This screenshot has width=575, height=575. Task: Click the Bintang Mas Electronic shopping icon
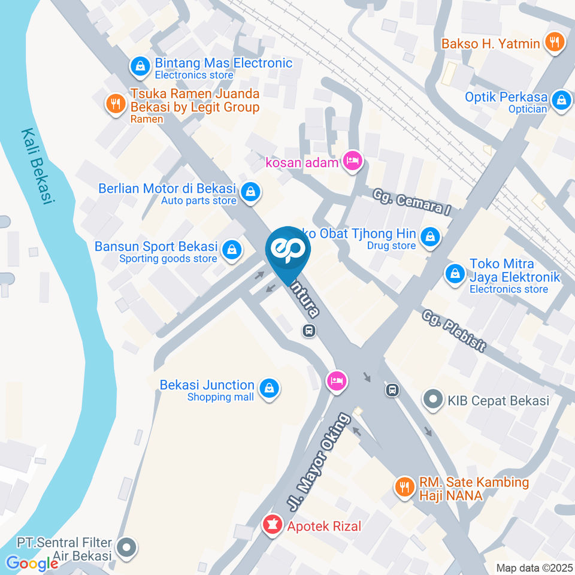[x=140, y=68]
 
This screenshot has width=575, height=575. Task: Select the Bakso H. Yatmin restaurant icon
[x=554, y=43]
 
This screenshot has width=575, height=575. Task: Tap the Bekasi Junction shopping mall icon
[x=270, y=389]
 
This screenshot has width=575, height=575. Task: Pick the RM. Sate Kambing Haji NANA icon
[x=405, y=487]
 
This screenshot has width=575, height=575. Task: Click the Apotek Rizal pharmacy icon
[x=273, y=526]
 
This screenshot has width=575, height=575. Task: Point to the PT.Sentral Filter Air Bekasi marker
[x=127, y=547]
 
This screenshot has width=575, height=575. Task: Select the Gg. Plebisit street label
[x=453, y=330]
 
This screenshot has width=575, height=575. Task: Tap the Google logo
[x=32, y=563]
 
